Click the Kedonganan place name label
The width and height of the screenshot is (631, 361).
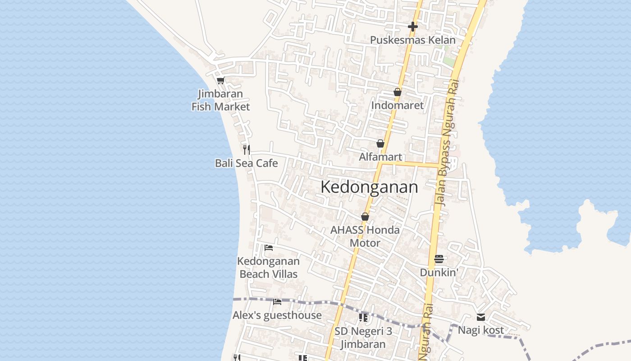pos(369,187)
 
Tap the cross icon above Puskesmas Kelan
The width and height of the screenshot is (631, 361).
pos(412,27)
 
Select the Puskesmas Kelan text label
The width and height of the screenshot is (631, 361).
pos(412,40)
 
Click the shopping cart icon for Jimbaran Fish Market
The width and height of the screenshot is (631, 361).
pos(220,81)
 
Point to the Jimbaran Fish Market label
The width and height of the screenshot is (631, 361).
pos(220,100)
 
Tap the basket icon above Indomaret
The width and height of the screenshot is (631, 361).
pos(397,92)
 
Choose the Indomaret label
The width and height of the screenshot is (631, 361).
pos(397,105)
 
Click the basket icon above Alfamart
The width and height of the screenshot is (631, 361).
pos(380,144)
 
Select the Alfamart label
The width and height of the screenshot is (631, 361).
pos(380,157)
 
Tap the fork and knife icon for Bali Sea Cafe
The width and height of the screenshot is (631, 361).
pos(247,149)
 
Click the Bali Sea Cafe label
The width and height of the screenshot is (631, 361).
pos(247,163)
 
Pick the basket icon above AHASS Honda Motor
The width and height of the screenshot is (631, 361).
pos(365,217)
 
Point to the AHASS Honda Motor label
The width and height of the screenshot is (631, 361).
pos(365,236)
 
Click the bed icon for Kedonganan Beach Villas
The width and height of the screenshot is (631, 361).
pos(269,248)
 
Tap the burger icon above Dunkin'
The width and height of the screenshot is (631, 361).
pos(439,259)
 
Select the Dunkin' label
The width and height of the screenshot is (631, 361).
pos(439,273)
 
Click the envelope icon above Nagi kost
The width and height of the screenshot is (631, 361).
pos(480,317)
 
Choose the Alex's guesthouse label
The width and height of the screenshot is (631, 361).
pos(277,315)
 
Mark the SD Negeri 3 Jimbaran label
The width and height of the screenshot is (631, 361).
pos(363,338)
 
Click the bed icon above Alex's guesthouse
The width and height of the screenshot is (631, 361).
pos(277,301)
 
